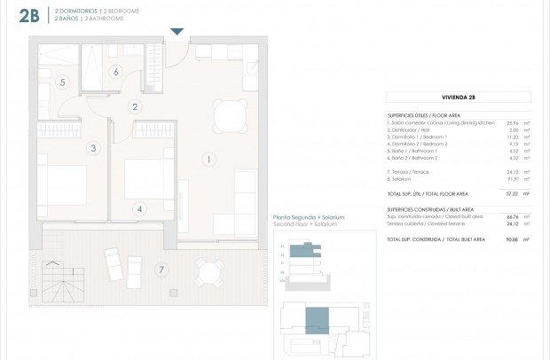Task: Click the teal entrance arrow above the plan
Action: pos(177,32)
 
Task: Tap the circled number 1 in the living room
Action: pos(208,160)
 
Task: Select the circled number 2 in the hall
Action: pos(135,107)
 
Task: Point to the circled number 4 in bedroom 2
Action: pos(139,210)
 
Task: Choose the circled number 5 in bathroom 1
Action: pos(62,82)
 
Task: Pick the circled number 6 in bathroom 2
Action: pos(115,72)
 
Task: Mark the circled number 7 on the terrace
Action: pos(161,270)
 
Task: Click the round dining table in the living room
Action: pos(232,114)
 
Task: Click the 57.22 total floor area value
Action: pos(510,192)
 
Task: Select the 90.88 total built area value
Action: pos(510,239)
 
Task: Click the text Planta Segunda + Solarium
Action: pos(308,217)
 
